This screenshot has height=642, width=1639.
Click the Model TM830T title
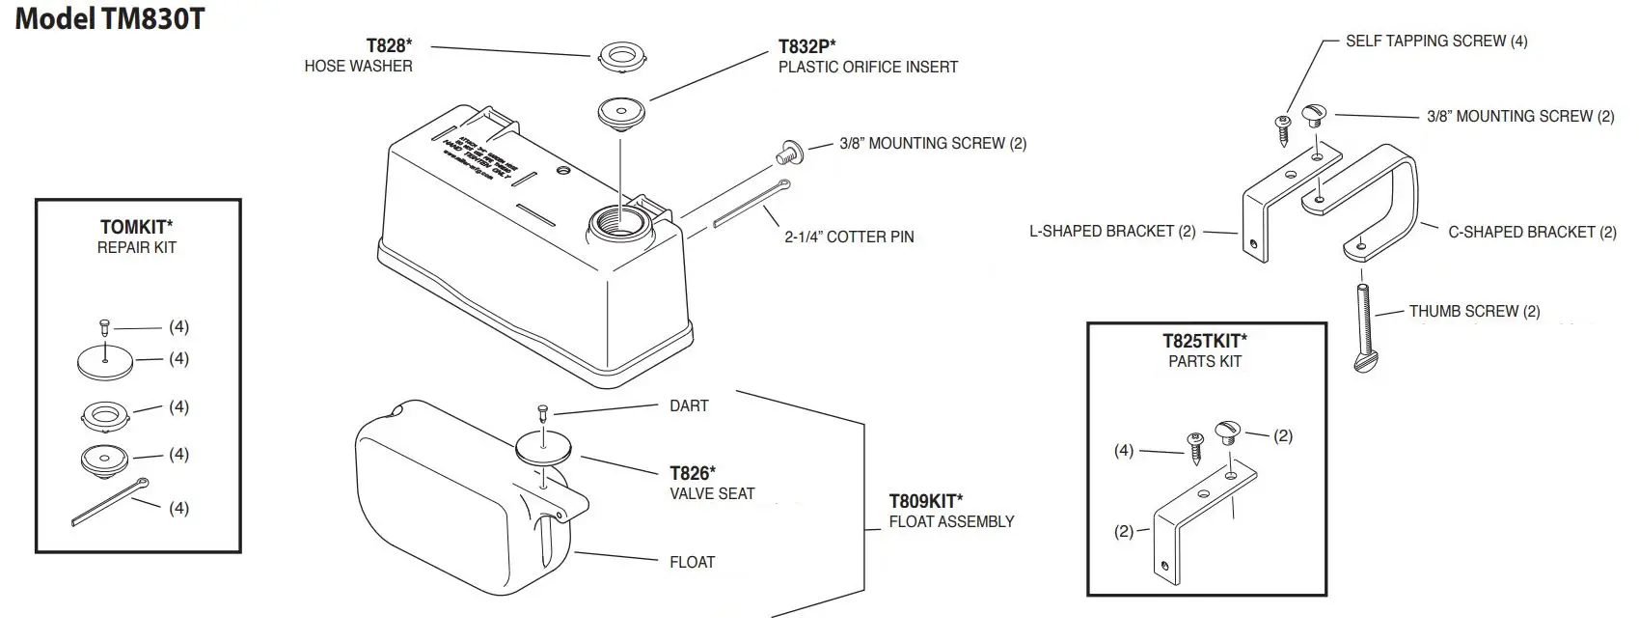tap(109, 18)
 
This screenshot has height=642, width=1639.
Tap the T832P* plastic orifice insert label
tap(806, 46)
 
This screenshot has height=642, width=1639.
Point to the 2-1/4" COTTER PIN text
tap(849, 237)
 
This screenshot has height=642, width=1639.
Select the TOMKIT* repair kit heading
tap(136, 227)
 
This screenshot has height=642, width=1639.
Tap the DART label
tap(689, 405)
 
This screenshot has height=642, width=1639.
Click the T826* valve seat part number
tap(693, 473)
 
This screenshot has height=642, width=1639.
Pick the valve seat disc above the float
tap(544, 448)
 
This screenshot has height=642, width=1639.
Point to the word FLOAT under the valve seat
tap(693, 562)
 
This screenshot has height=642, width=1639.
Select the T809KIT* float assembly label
tap(925, 501)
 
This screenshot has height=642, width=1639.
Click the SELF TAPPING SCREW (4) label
tap(1436, 41)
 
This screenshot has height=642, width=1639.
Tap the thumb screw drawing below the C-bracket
tap(1364, 328)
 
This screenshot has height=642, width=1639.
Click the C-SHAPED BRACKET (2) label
tap(1532, 232)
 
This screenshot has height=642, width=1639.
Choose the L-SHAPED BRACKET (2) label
tap(1112, 231)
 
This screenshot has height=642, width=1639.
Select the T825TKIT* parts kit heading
tap(1204, 340)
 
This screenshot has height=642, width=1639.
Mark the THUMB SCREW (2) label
tap(1474, 311)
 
